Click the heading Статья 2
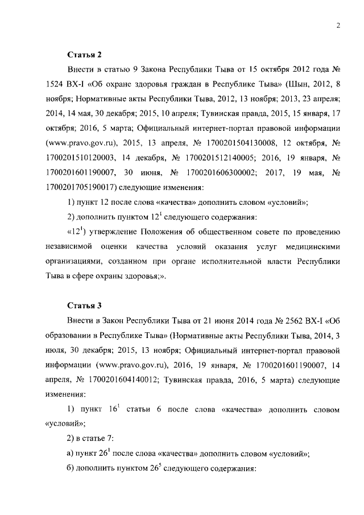85,55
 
